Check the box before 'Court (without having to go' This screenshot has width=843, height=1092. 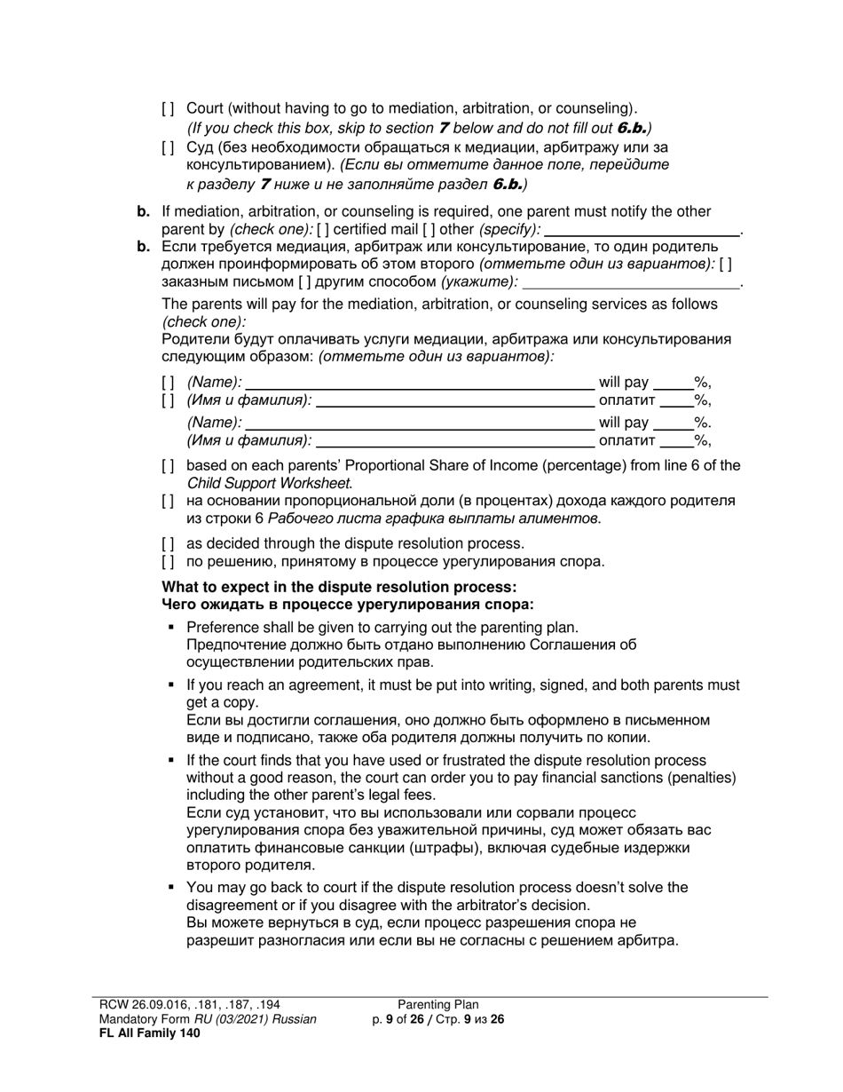click(168, 108)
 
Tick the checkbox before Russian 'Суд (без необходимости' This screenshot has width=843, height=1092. click(168, 147)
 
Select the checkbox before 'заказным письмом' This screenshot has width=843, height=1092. click(726, 264)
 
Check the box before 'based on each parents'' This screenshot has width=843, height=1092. click(168, 466)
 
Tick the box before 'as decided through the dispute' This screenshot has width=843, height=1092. click(168, 543)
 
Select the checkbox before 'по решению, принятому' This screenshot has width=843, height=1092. click(168, 561)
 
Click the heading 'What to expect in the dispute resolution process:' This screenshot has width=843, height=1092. click(339, 588)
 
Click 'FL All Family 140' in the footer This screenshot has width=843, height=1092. click(149, 1033)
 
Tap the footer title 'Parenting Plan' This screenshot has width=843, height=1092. click(438, 1005)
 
